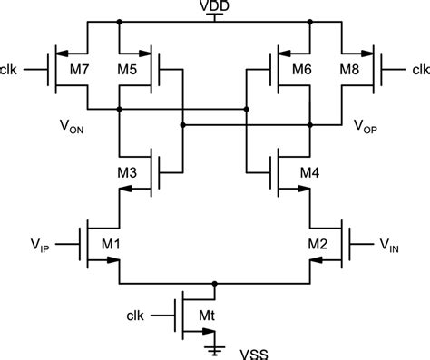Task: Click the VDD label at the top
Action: coord(215,6)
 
